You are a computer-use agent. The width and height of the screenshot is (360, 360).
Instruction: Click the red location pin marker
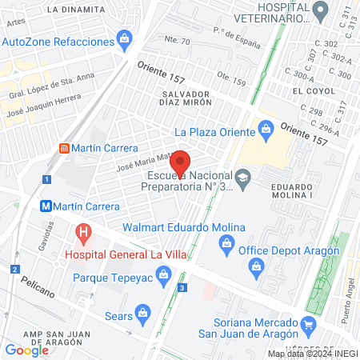tap(181, 161)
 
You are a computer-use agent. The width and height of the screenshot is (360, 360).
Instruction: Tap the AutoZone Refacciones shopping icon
tap(124, 38)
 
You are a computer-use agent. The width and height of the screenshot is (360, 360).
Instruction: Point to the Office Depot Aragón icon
tap(255, 264)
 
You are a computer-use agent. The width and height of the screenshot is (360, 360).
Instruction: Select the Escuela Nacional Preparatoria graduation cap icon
tap(242, 177)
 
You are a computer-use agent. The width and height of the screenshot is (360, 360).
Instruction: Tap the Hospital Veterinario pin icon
tap(322, 11)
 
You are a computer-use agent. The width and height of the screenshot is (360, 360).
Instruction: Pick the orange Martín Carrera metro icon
tap(62, 148)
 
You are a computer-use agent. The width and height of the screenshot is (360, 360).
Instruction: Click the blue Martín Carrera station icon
tap(46, 206)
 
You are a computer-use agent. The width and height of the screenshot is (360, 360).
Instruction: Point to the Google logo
tap(26, 350)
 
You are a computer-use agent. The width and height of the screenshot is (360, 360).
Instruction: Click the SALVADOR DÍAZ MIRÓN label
tap(180, 98)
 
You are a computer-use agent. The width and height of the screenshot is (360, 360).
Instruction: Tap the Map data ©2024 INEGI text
tap(311, 354)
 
